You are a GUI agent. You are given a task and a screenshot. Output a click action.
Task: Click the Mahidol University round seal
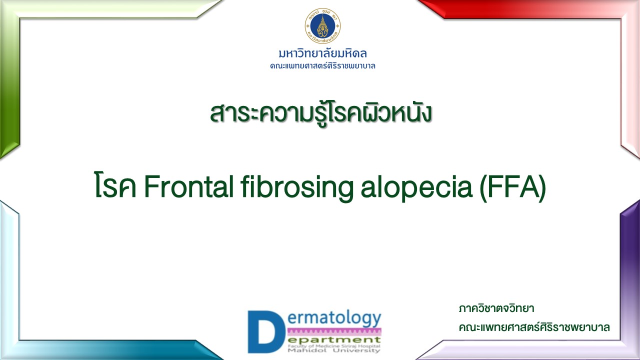pos(322,25)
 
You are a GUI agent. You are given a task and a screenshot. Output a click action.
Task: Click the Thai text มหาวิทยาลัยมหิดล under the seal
pos(322,53)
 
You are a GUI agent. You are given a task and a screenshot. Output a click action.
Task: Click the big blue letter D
pos(266,331)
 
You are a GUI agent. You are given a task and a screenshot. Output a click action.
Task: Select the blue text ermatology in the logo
pos(334,318)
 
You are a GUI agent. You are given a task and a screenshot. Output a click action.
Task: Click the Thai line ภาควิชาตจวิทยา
pos(496,308)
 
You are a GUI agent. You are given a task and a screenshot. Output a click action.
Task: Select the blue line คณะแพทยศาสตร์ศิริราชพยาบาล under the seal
pos(322,65)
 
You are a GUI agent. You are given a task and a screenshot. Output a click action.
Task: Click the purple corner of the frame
pos(630,271)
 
